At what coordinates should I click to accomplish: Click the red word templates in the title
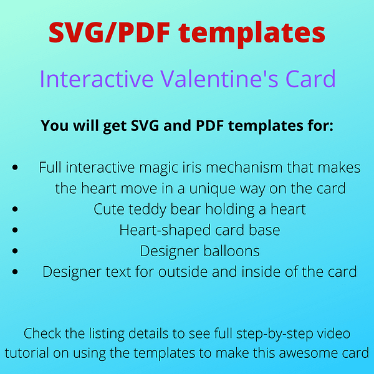click(x=252, y=34)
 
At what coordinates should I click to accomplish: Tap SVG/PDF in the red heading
click(x=110, y=32)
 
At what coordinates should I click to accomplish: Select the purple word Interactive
click(x=97, y=79)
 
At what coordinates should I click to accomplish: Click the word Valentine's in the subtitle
click(x=219, y=79)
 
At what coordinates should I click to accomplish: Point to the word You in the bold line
click(x=55, y=125)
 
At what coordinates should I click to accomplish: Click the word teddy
click(x=147, y=210)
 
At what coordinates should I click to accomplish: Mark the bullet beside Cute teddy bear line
click(x=15, y=209)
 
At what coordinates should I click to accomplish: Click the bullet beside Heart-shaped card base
click(x=15, y=230)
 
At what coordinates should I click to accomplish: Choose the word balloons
click(x=231, y=251)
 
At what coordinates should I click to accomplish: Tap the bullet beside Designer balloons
click(x=15, y=251)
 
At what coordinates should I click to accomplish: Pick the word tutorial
click(x=27, y=353)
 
